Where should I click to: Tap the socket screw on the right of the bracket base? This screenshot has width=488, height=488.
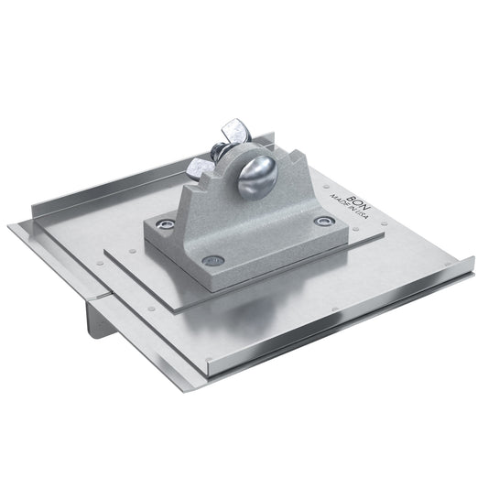[320, 221]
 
